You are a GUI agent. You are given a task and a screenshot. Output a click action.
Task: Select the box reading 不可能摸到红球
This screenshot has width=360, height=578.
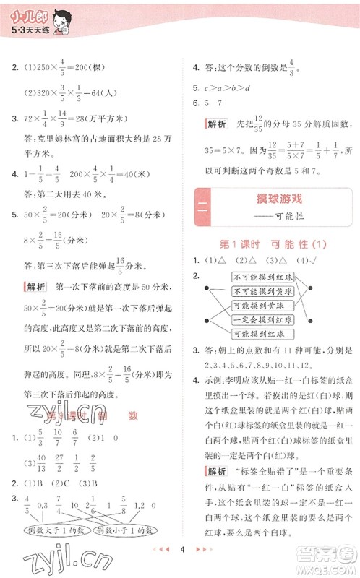pos(263,277)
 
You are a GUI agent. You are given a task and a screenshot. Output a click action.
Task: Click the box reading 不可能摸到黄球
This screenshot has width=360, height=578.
pos(263,291)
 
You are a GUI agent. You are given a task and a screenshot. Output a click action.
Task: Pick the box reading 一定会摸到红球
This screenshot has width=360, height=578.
pos(263,319)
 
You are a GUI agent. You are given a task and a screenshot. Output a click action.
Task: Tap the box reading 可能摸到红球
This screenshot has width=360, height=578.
pos(263,333)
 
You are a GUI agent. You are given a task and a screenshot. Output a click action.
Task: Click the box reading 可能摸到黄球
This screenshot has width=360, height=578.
pos(263,305)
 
